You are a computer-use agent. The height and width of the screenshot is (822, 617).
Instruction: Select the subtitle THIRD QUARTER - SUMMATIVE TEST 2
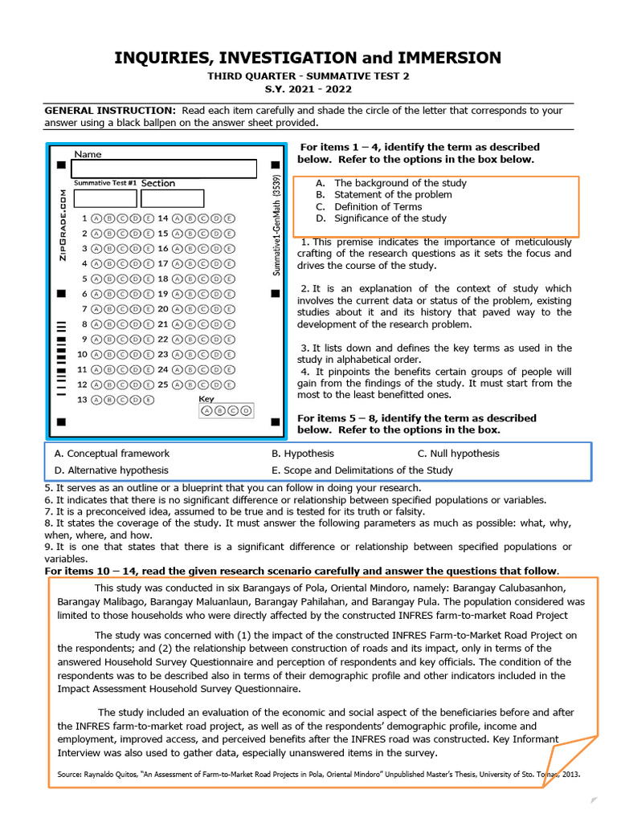coord(308,75)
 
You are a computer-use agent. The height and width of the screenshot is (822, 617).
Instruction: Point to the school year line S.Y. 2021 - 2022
coord(308,89)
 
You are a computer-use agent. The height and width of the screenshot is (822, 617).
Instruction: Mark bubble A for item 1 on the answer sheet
coord(97,218)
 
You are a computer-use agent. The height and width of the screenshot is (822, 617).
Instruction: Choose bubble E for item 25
coord(230,384)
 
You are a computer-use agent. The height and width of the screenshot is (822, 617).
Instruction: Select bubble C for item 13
coord(123,399)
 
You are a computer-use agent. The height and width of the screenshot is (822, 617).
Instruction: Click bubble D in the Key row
coord(246,411)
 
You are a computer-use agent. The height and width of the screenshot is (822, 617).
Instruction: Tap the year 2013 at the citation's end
coord(570,775)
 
